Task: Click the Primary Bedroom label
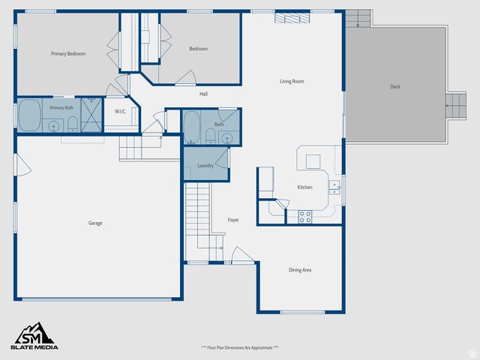point(68,54)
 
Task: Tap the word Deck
point(395,87)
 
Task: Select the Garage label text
point(95,223)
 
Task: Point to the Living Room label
point(292,81)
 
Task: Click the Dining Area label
point(300,270)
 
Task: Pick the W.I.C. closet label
point(120,112)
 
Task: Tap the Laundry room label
point(205,166)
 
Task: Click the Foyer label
point(233,220)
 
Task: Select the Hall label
point(203,94)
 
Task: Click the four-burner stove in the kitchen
point(305,216)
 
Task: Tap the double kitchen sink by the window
point(334,186)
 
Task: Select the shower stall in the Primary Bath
point(91,115)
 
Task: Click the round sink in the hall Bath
point(227,137)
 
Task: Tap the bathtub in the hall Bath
point(191,127)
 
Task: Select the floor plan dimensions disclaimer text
point(240,347)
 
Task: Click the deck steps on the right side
point(455,106)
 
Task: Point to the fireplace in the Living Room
point(292,17)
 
